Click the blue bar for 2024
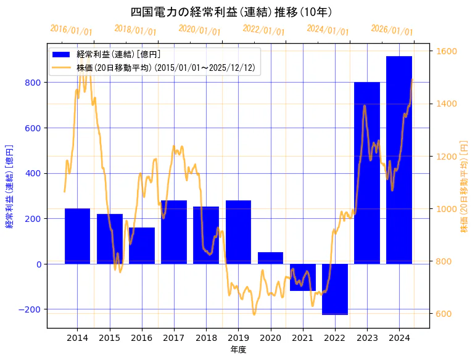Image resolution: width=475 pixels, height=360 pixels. pos(399,160)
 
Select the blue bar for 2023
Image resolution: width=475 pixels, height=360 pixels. pos(367,173)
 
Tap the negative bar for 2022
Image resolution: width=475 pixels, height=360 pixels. pos(335,289)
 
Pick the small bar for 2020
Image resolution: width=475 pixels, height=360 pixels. pos(270,258)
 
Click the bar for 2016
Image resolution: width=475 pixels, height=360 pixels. pos(142,245)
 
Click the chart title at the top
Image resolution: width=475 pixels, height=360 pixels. pos(232,12)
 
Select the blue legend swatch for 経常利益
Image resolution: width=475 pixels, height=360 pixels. pos(62,54)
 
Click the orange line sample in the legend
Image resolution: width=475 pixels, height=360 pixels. pos(62,67)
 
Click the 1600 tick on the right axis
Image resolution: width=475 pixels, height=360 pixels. pos(447,51)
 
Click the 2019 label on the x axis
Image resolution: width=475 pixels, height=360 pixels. pos(238,338)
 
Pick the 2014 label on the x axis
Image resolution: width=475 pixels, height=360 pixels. pos(77,338)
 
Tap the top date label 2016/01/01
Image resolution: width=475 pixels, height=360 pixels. pos(72,30)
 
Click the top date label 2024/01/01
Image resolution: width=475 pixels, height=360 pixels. pos(328,30)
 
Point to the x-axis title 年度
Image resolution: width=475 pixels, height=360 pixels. pos(238,350)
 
